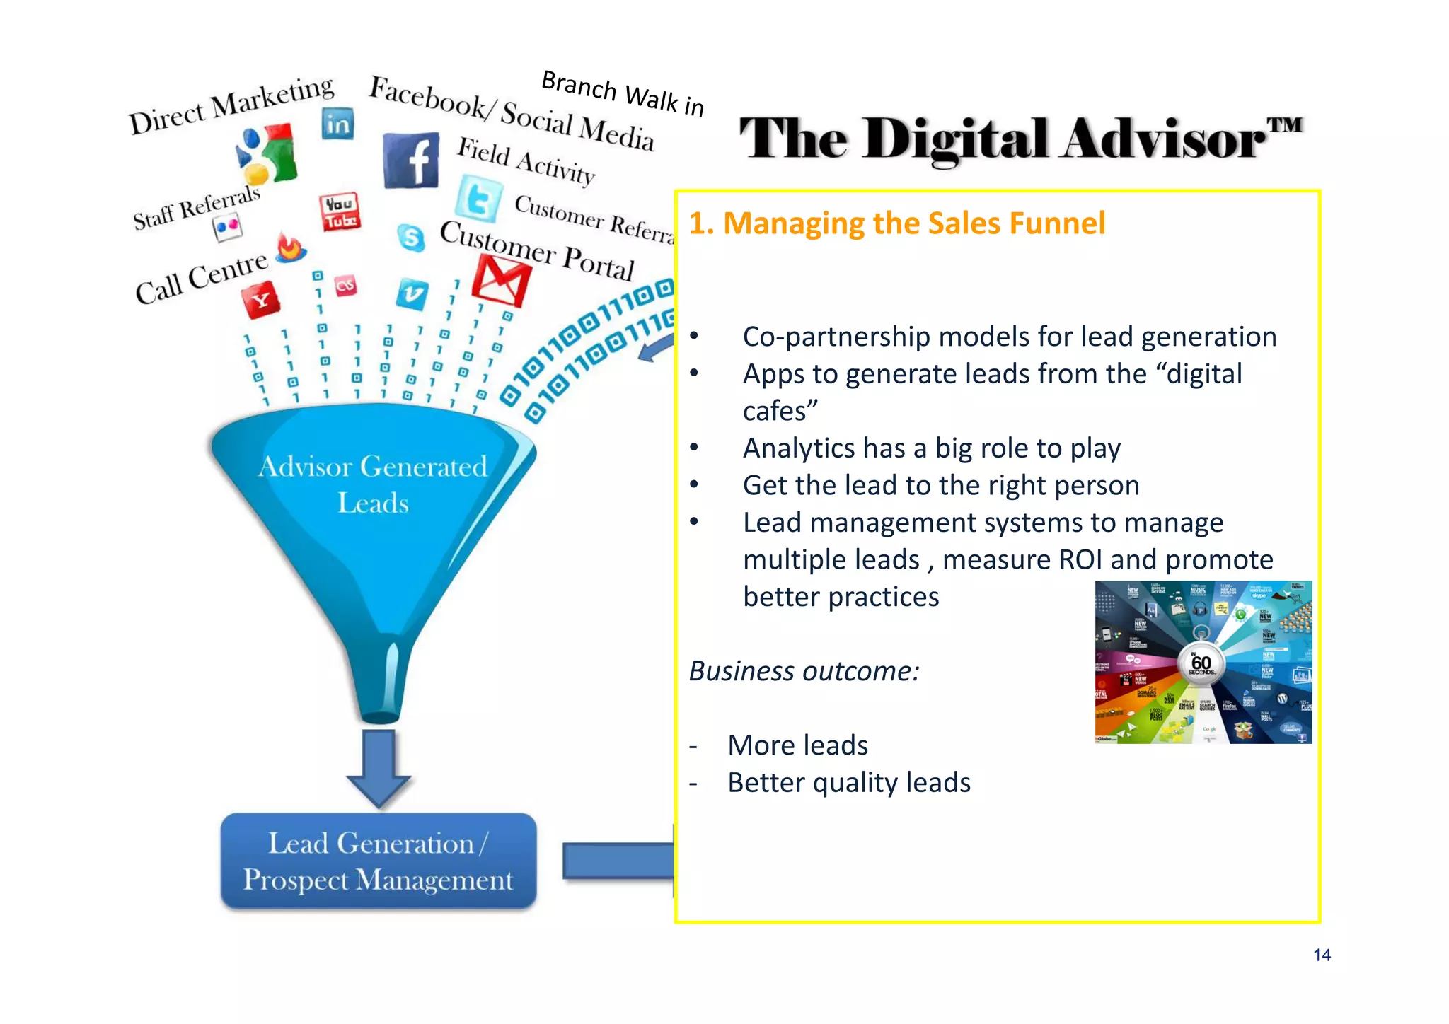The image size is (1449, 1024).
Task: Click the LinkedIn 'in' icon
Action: [337, 124]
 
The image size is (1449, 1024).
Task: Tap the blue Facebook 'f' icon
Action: [411, 161]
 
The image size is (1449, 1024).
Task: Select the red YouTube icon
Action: [340, 211]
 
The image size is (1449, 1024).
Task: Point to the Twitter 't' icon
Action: [479, 199]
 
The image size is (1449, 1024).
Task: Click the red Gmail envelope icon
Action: [501, 281]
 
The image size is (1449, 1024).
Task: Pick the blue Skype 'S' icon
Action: [411, 238]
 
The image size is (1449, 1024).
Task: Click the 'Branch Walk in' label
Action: [623, 93]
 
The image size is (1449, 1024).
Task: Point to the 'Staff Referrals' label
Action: [197, 208]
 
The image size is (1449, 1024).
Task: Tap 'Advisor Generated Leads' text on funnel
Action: [373, 484]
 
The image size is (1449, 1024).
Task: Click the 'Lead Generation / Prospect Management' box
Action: [379, 861]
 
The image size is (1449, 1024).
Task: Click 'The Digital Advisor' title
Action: [1020, 139]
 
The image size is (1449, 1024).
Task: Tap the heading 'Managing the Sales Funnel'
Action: [896, 223]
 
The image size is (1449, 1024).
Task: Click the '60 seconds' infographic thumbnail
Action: [1203, 662]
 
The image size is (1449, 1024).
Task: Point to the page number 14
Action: [1322, 955]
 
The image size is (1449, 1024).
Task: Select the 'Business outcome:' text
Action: [804, 671]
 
